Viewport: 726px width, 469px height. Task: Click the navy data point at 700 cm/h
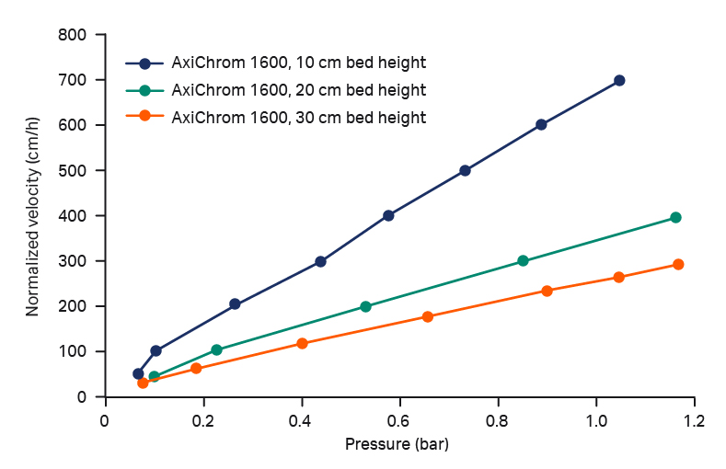[619, 81]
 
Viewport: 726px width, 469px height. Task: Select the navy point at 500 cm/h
[465, 171]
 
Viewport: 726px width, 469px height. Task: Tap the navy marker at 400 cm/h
[388, 216]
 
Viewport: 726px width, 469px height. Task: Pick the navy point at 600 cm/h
[541, 125]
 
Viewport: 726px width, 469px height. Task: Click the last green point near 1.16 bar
[675, 218]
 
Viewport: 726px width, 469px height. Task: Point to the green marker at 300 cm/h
[524, 261]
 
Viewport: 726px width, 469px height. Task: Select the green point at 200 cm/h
[365, 307]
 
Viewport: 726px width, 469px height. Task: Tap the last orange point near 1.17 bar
[678, 265]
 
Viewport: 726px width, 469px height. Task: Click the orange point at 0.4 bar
[302, 344]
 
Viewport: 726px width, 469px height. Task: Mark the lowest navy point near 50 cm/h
[138, 374]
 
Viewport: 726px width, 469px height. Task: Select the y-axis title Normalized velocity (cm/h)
[33, 216]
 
